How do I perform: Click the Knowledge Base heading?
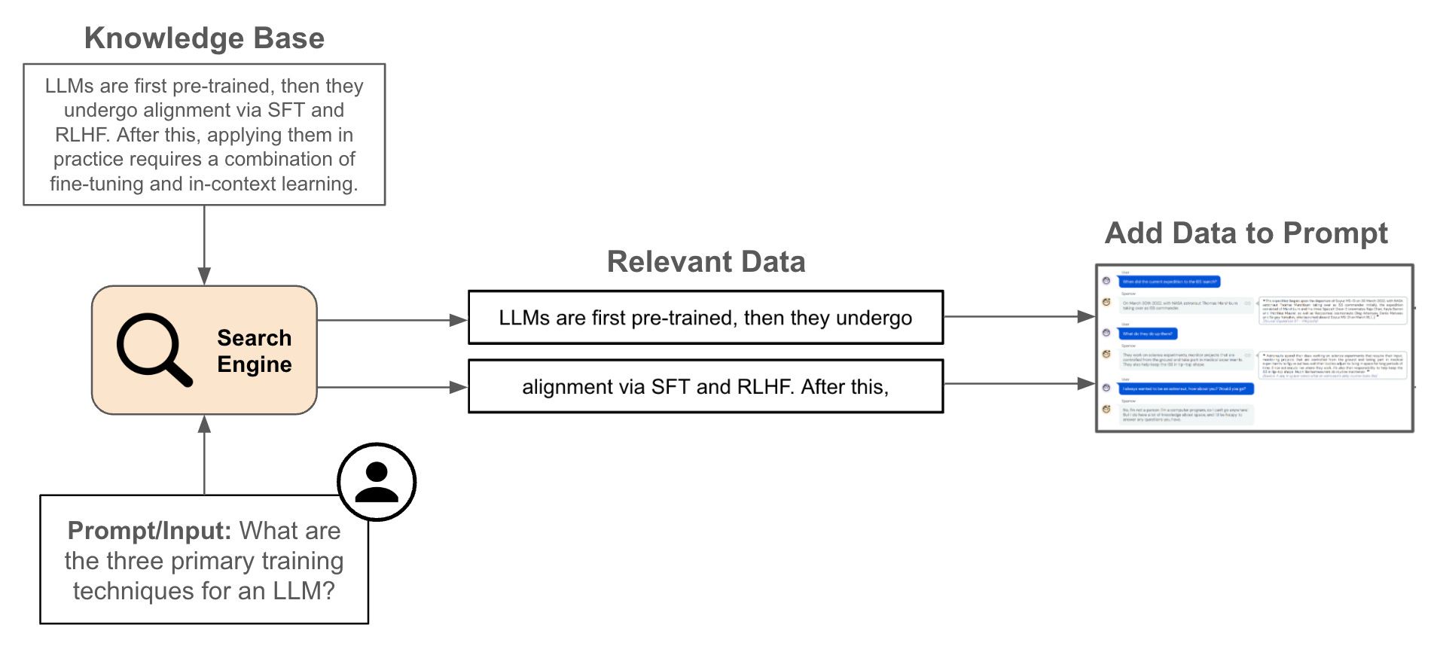click(204, 38)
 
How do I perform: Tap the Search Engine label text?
click(254, 351)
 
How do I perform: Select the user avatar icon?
click(377, 482)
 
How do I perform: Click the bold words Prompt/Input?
click(149, 531)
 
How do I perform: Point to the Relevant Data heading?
click(706, 262)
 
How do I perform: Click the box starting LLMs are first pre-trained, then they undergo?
click(706, 318)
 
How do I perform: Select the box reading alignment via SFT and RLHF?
click(706, 387)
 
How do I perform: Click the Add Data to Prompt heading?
click(1246, 233)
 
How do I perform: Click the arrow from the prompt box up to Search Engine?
click(204, 455)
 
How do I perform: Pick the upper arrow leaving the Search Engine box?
click(392, 320)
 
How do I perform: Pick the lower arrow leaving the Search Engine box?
click(392, 388)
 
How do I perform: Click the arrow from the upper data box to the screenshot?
click(1018, 317)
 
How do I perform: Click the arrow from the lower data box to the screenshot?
click(1018, 384)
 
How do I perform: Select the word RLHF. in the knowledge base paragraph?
click(83, 135)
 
